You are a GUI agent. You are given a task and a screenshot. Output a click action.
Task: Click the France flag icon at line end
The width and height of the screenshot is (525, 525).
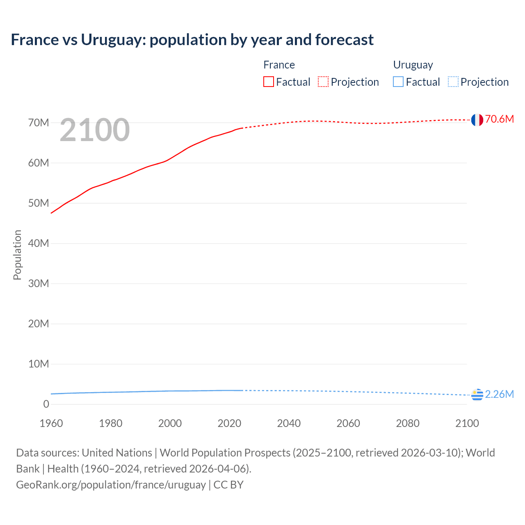point(477,120)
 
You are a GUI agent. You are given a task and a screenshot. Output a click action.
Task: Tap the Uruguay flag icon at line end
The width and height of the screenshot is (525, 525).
point(477,395)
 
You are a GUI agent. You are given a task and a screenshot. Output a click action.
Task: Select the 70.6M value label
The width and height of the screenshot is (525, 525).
point(499,119)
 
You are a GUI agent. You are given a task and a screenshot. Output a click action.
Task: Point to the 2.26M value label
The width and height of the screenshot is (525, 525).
point(499,394)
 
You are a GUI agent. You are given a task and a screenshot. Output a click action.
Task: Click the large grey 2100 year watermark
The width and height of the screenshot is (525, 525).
point(95,130)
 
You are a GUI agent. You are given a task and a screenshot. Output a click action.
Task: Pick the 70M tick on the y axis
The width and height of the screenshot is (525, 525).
point(39,123)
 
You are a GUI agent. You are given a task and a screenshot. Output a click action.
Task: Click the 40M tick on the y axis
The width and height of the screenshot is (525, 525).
point(39,243)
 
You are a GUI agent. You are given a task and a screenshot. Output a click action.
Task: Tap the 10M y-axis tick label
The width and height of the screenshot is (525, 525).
point(39,364)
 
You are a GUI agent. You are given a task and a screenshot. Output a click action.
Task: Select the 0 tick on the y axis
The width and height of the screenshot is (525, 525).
point(46,404)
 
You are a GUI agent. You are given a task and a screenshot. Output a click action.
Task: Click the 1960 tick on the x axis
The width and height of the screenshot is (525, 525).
point(51,423)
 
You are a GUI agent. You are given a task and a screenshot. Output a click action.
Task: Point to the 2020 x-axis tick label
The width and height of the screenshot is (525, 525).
point(229,423)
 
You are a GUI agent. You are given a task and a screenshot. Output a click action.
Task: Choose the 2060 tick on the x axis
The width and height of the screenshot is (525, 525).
point(348,423)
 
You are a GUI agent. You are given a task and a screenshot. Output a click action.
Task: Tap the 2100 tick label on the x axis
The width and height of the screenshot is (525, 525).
point(467,423)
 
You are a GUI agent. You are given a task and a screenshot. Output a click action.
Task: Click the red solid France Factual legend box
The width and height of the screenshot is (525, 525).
point(269,82)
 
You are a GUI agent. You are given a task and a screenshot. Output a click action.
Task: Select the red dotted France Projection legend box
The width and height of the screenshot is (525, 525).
point(323,82)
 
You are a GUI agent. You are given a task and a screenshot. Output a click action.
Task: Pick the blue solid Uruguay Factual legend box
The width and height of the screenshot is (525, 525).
point(398,82)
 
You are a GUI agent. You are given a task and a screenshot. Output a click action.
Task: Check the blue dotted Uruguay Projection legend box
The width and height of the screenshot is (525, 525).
point(453,82)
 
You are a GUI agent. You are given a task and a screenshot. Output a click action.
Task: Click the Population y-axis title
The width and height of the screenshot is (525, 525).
point(17,255)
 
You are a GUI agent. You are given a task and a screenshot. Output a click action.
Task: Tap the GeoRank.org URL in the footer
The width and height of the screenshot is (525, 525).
point(111,484)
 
